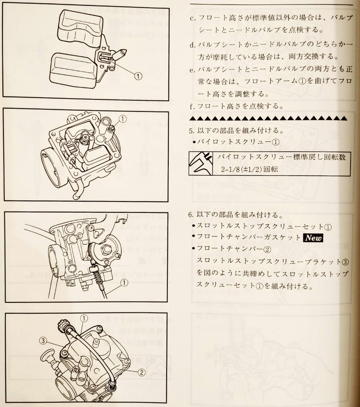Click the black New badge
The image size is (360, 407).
(313, 238)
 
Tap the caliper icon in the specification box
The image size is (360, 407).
(200, 164)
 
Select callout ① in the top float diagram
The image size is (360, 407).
(138, 76)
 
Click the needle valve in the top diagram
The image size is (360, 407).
(119, 54)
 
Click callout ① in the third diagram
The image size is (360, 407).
(124, 283)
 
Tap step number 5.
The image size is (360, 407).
(191, 131)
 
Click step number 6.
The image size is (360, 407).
(190, 215)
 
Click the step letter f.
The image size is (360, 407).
(192, 106)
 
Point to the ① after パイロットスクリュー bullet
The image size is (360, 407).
(276, 142)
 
